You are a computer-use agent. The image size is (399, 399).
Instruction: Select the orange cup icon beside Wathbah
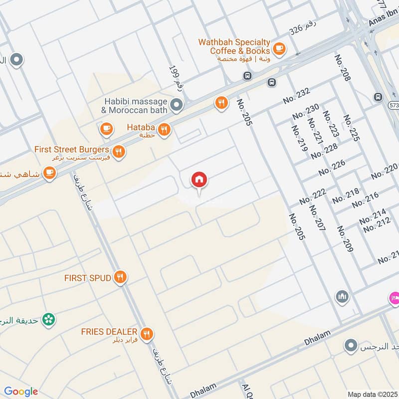click(x=279, y=48)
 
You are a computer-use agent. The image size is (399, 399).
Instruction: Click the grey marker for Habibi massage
click(x=176, y=105)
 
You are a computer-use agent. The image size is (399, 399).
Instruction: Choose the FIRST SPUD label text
click(x=87, y=278)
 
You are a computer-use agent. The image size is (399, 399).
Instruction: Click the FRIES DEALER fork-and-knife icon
click(x=146, y=334)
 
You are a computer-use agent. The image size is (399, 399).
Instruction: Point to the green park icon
click(x=48, y=319)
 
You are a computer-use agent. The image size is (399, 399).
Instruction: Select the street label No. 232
click(x=296, y=96)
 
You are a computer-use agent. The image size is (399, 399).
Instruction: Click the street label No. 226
click(x=332, y=168)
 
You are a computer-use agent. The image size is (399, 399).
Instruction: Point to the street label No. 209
click(x=345, y=238)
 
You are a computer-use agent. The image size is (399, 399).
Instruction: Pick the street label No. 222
click(x=313, y=197)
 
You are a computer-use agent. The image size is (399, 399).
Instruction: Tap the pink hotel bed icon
click(x=394, y=298)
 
